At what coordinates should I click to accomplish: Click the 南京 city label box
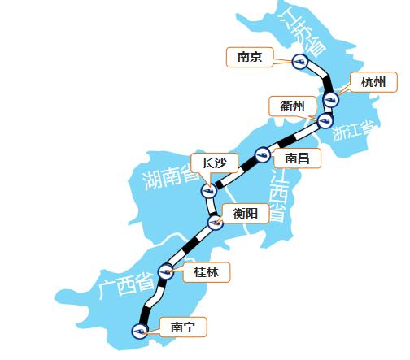[249, 57]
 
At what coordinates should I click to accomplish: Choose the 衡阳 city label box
[246, 213]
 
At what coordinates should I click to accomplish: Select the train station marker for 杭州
[330, 100]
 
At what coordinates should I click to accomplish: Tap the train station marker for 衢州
[325, 122]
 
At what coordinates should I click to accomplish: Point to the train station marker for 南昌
[262, 152]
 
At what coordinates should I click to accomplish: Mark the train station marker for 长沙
[207, 191]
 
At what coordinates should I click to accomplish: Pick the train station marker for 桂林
[166, 272]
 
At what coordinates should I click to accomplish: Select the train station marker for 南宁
[141, 330]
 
